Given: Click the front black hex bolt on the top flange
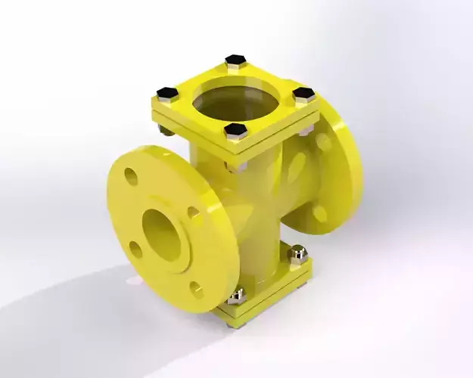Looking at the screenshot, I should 235,130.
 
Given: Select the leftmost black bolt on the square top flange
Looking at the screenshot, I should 167,93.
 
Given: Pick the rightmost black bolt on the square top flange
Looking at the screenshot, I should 304,94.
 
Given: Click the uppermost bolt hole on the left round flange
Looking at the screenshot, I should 131,177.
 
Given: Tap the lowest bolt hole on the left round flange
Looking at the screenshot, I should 197,289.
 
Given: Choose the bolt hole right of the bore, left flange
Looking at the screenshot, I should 194,214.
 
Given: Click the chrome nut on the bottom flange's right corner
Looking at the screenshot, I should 297,252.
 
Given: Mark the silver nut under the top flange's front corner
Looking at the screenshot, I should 238,164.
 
